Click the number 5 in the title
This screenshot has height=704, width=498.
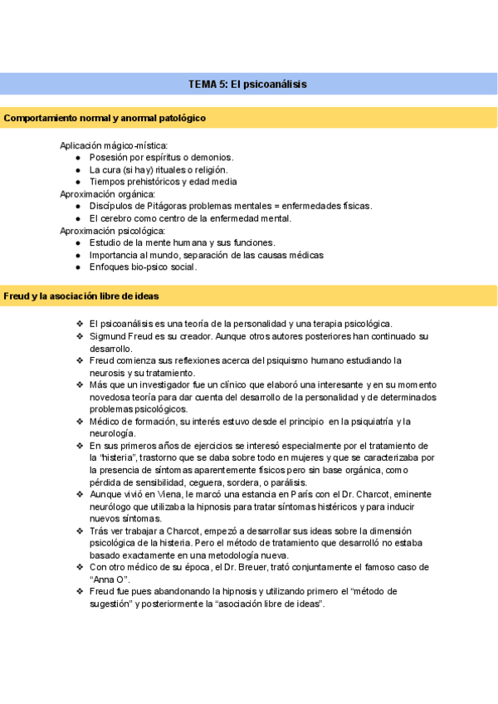[x=222, y=84]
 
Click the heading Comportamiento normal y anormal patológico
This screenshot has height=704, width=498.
[x=105, y=119]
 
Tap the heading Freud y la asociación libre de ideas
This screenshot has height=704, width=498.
[x=81, y=296]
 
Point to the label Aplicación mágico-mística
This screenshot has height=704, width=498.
[x=114, y=145]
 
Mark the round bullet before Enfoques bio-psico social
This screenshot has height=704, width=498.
[x=78, y=267]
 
